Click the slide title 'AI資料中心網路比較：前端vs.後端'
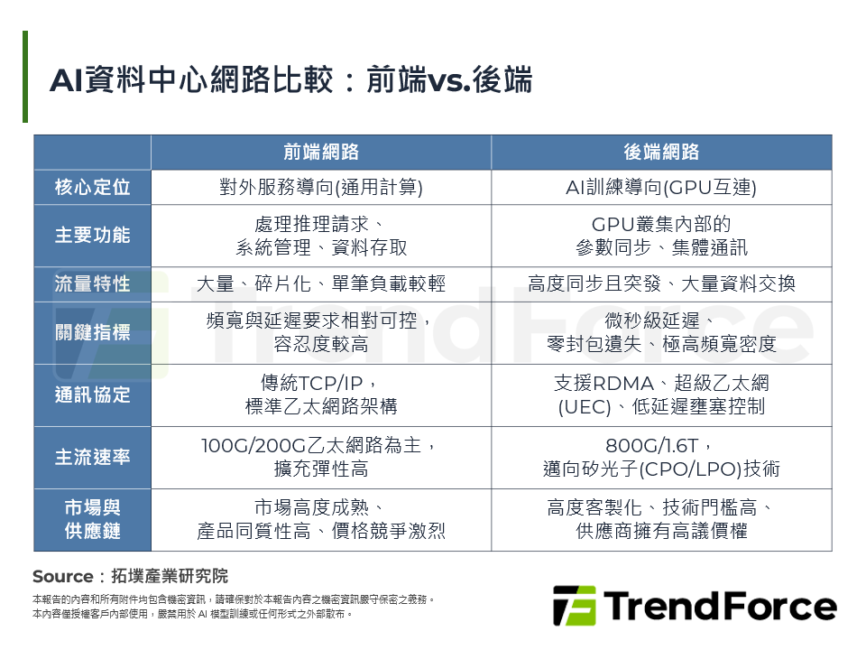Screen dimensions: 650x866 pos(290,79)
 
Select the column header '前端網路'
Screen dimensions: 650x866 pos(321,153)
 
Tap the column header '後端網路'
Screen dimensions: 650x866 pos(661,153)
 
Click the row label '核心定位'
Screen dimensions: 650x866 pos(92,187)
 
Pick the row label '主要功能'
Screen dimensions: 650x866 pos(92,236)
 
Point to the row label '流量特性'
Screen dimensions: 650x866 pos(92,284)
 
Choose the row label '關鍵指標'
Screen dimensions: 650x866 pos(92,332)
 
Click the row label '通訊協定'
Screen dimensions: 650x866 pos(92,395)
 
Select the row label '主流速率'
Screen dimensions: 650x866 pos(92,457)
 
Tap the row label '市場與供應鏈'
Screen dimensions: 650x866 pos(92,519)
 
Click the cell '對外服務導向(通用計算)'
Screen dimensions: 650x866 pos(321,187)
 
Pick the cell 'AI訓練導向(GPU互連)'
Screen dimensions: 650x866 pos(661,187)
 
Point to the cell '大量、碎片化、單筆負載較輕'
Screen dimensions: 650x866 pos(321,284)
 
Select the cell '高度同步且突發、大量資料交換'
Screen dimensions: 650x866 pos(661,284)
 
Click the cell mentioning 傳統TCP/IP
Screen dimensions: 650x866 pos(321,395)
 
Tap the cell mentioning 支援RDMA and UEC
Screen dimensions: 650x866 pos(661,395)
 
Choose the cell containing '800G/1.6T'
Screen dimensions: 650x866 pos(661,457)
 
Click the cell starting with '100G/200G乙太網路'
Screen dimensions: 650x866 pos(321,457)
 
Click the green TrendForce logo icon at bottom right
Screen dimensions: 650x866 pos(574,606)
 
